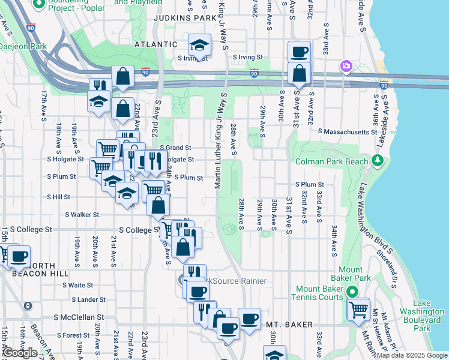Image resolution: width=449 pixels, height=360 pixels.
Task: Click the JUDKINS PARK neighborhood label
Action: [x=184, y=18]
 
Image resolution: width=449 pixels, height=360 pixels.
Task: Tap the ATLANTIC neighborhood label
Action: [x=156, y=44]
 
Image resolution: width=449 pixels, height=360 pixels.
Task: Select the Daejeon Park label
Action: [x=23, y=46]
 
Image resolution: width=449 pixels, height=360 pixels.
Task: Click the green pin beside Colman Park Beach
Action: [x=377, y=160]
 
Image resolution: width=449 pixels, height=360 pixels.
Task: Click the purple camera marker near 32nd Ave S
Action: [x=346, y=66]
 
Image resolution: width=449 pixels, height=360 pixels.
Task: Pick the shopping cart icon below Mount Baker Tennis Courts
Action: [x=358, y=310]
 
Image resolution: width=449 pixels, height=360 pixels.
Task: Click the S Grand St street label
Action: [x=175, y=148]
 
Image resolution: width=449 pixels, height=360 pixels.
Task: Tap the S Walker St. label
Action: [x=83, y=214]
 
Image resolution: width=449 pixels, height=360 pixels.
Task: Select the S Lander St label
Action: [x=88, y=299]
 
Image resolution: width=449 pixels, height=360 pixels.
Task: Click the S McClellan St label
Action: [x=79, y=317]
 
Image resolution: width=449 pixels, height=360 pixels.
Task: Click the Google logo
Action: [x=20, y=353]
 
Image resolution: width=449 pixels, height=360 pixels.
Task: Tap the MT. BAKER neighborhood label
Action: [x=291, y=325]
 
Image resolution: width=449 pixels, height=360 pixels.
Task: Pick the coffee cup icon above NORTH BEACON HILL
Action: [x=19, y=256]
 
